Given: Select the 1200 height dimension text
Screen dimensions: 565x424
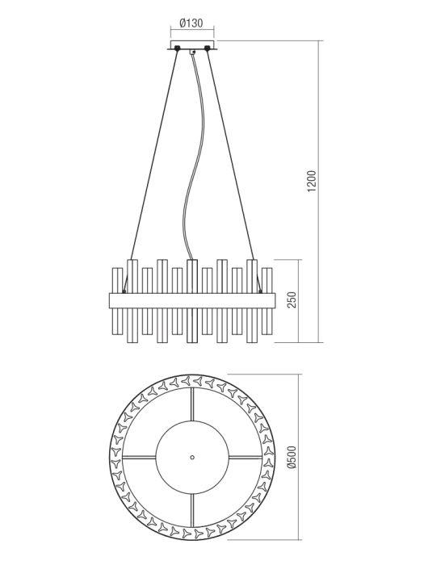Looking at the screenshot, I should [x=312, y=182].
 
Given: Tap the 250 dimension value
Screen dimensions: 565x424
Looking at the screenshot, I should [x=293, y=300].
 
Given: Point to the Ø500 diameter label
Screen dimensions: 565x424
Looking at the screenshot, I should [x=292, y=457].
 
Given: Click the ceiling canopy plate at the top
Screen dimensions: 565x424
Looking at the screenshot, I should [x=192, y=46].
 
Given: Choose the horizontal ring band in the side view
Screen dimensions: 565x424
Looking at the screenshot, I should [x=192, y=300].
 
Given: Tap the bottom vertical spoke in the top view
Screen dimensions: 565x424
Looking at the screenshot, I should [x=192, y=508].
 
